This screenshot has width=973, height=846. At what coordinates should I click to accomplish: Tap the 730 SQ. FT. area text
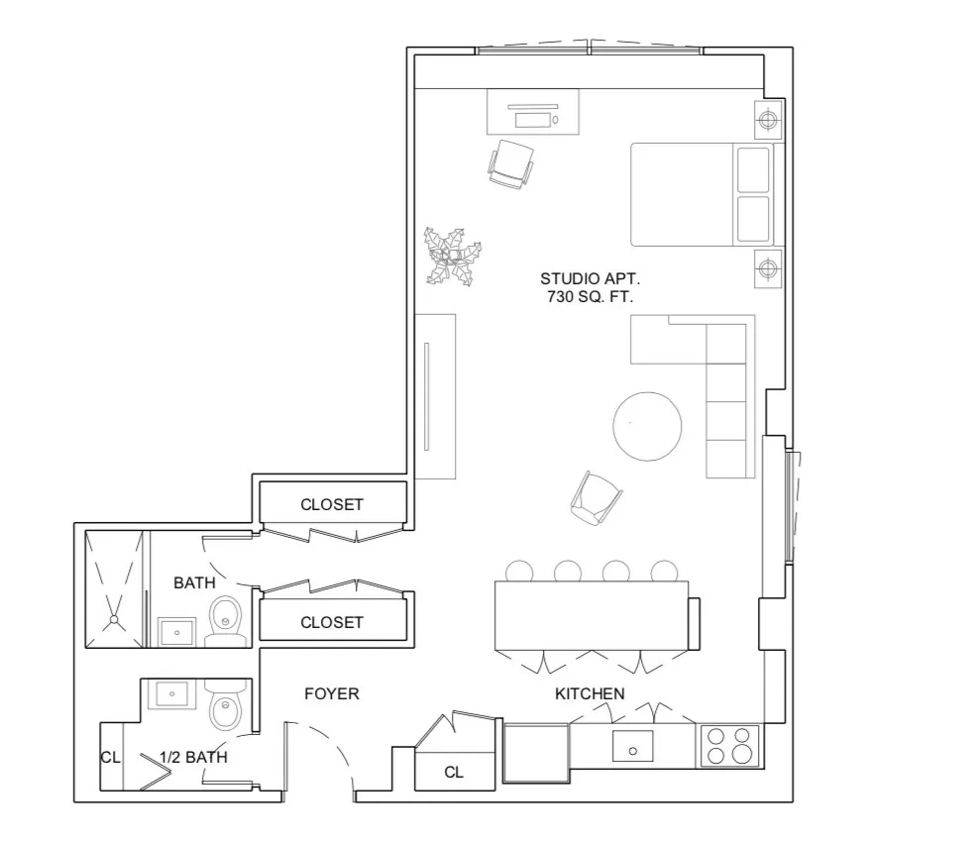pos(590,297)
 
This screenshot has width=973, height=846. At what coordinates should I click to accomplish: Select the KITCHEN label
pos(590,693)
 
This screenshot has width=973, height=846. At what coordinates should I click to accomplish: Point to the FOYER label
pos(331,693)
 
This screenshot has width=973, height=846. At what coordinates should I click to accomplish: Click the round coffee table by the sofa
pos(647,427)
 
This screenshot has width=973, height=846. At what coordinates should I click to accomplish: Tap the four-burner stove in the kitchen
pos(729,746)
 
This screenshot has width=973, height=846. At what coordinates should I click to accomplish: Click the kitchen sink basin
pos(631,745)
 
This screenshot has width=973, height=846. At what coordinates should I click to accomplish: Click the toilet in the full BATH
pos(227,620)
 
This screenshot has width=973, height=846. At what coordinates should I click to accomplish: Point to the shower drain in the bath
pos(115,620)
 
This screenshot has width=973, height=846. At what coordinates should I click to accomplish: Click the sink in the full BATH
pos(177,630)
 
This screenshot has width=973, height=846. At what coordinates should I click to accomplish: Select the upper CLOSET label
pos(332,504)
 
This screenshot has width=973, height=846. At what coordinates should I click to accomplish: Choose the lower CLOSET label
pos(332,622)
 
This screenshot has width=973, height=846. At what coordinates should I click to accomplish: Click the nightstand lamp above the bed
pos(768,121)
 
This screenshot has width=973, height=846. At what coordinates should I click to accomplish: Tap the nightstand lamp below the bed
pos(768,268)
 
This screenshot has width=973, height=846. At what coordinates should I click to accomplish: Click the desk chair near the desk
pos(512,162)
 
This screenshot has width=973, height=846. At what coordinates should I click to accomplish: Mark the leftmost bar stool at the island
pos(519,571)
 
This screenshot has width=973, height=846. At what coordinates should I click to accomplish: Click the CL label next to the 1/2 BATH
pos(110,758)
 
